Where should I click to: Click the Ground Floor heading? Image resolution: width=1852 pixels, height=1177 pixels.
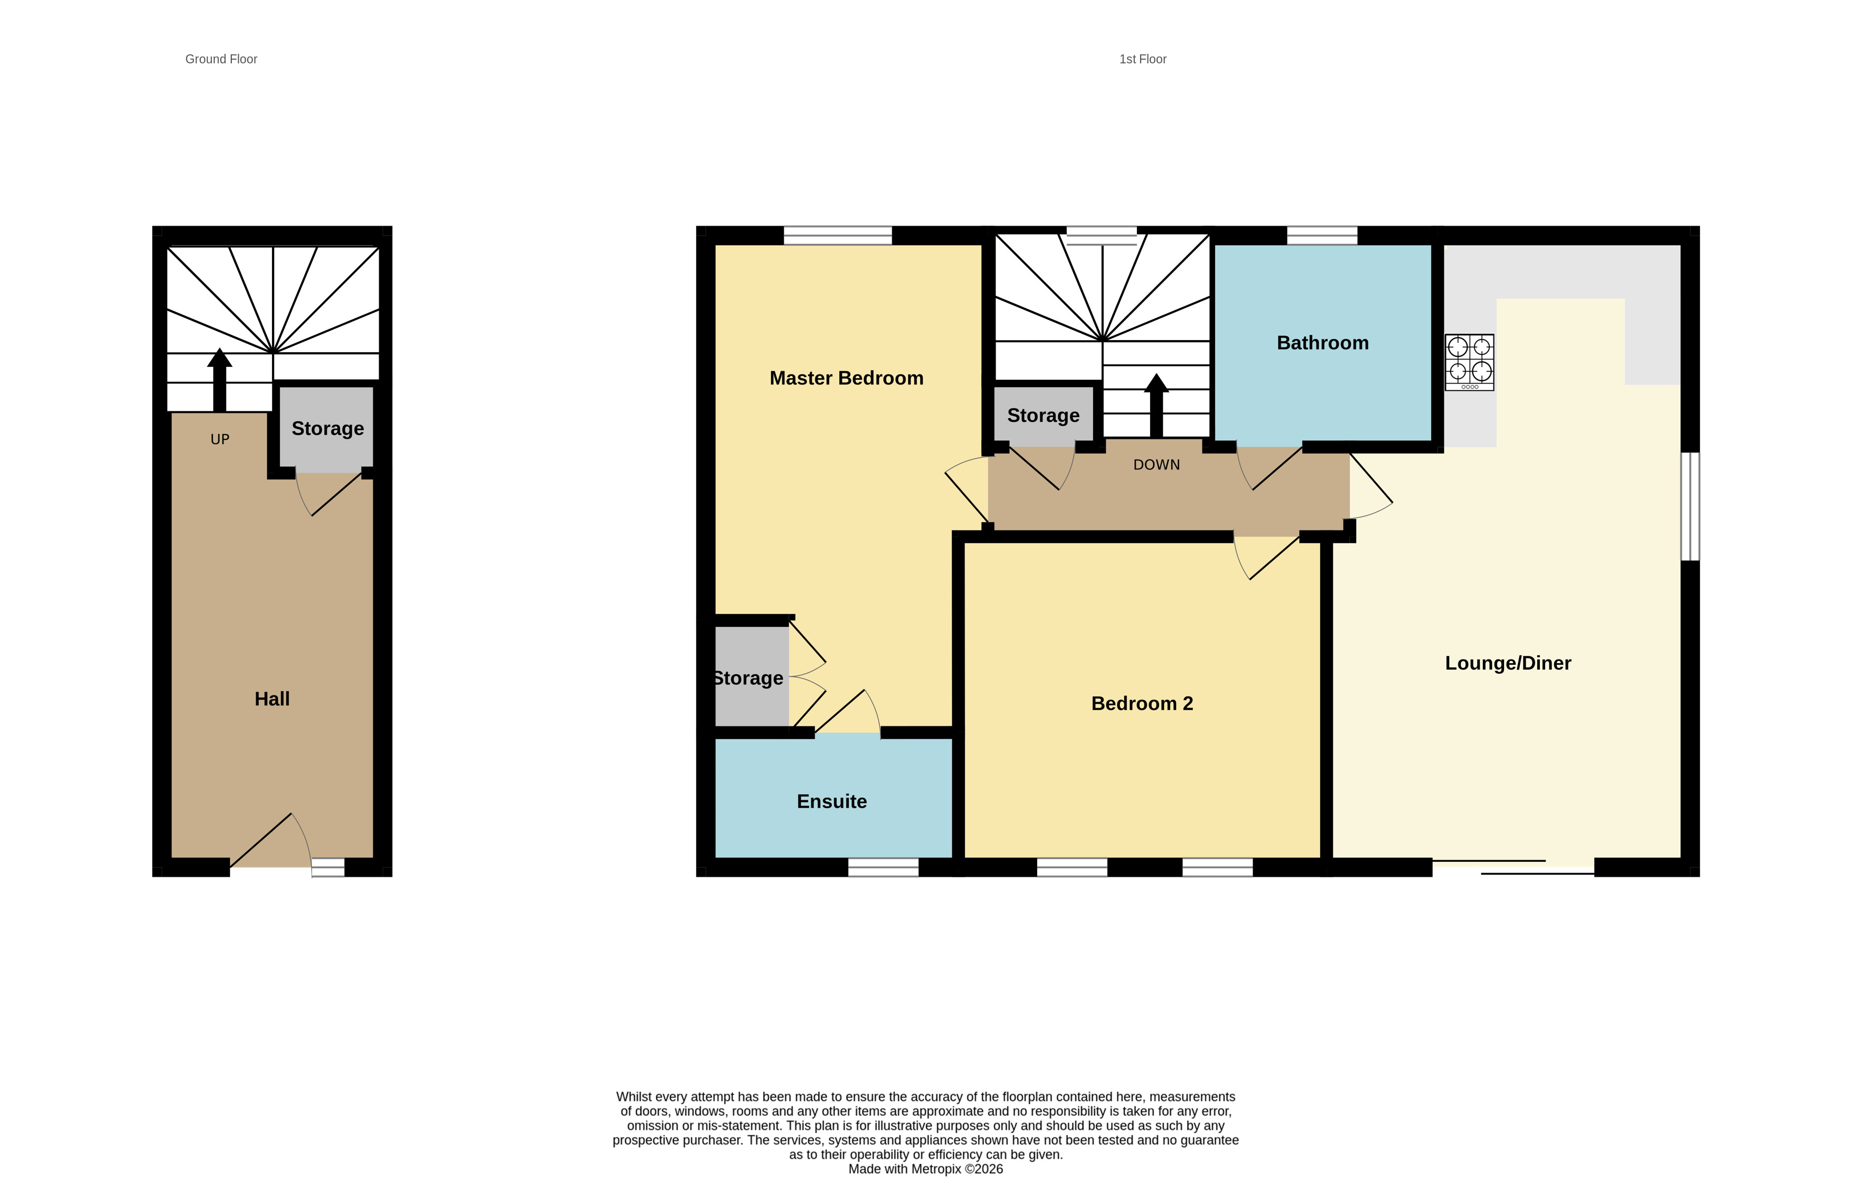(221, 59)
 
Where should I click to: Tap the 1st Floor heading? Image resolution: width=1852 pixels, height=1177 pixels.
(1142, 59)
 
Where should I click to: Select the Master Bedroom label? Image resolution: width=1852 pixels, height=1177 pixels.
(846, 378)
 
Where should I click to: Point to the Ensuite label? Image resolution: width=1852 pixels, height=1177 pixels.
(831, 802)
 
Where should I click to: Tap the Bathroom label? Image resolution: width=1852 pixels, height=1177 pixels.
(1322, 343)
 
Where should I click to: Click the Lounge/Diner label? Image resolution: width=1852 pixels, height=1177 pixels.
(1508, 663)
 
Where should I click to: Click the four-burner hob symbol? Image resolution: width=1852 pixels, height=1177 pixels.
(1469, 362)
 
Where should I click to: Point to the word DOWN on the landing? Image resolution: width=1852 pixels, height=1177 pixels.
(1156, 465)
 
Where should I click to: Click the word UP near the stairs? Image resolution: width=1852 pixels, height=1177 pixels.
(220, 439)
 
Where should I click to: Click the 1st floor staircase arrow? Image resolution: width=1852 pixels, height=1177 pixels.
(1156, 404)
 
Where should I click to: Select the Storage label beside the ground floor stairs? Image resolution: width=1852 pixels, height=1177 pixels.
(327, 428)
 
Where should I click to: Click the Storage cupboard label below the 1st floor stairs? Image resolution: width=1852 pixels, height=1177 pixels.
(1043, 416)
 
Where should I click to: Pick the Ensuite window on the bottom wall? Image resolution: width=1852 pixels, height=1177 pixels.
(883, 867)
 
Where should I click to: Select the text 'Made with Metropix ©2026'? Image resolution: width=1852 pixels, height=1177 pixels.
(925, 1169)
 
